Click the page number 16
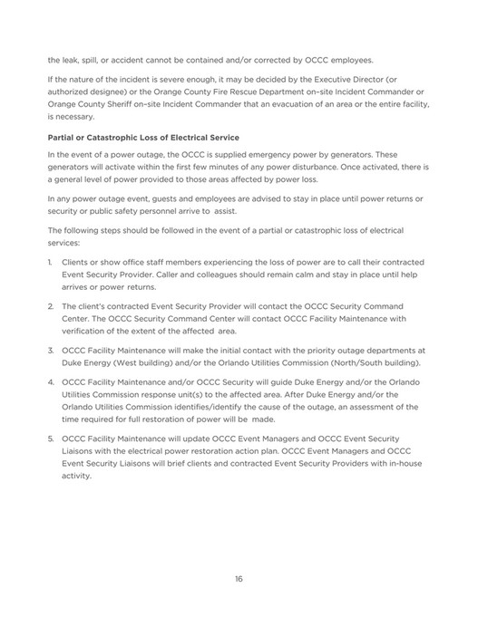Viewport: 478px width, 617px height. coord(239,580)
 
